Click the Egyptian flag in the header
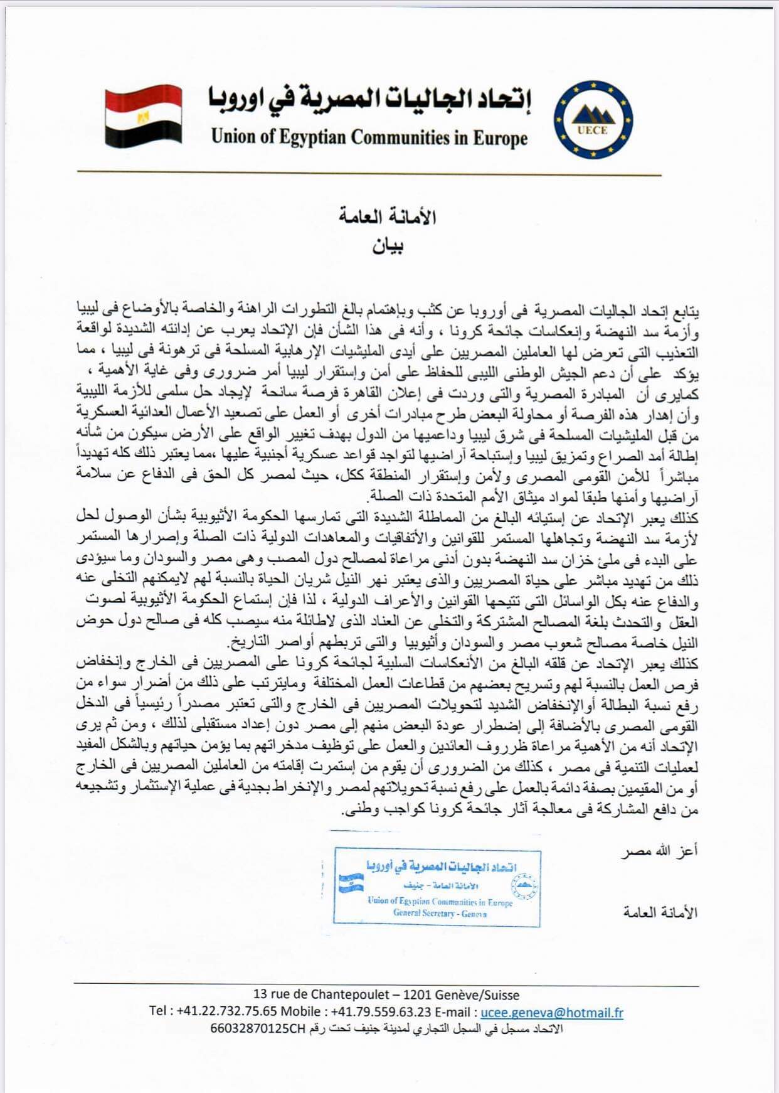tap(144, 115)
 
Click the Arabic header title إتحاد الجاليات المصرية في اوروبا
tap(370, 99)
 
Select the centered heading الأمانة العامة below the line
tap(388, 217)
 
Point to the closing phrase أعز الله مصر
tap(660, 852)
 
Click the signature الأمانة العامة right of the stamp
tap(660, 912)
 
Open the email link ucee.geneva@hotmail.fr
tap(552, 1012)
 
